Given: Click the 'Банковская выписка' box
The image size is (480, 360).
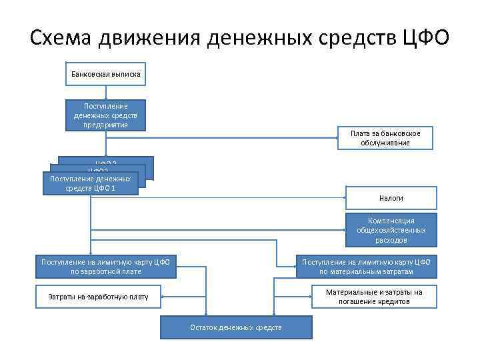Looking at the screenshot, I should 105,73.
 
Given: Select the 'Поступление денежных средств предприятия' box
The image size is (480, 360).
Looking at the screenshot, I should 105,115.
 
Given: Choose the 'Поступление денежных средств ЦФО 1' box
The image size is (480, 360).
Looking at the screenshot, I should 90,183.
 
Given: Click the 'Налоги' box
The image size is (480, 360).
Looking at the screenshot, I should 391,198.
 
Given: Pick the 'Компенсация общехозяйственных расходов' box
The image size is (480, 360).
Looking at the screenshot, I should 391,230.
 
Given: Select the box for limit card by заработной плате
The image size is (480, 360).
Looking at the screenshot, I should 105,267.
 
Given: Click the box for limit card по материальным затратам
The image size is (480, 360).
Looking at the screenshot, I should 366,267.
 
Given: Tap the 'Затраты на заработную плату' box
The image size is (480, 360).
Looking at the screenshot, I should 99,297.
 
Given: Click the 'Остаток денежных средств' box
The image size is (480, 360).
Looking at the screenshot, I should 236,327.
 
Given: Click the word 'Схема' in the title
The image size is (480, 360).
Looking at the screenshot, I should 61,38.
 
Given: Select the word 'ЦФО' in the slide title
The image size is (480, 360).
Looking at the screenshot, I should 426,38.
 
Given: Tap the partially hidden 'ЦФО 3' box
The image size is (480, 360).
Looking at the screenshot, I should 133,161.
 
